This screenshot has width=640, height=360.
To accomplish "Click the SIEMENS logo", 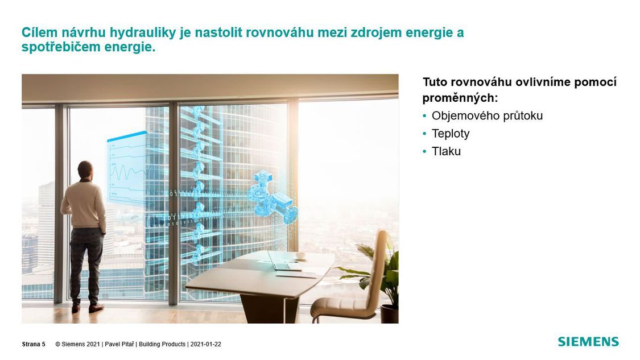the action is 588,342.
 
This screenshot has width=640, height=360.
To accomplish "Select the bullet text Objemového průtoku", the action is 488,116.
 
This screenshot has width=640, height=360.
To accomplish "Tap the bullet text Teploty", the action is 451,134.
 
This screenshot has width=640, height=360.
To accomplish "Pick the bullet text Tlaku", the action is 446,151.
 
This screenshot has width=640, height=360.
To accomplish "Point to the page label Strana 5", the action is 34,345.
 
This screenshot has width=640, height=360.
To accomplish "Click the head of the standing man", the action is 85,169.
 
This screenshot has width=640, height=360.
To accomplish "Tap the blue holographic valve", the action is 271,198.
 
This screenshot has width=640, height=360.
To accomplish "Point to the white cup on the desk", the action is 301,255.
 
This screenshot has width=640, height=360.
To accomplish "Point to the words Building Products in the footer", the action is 162,345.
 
